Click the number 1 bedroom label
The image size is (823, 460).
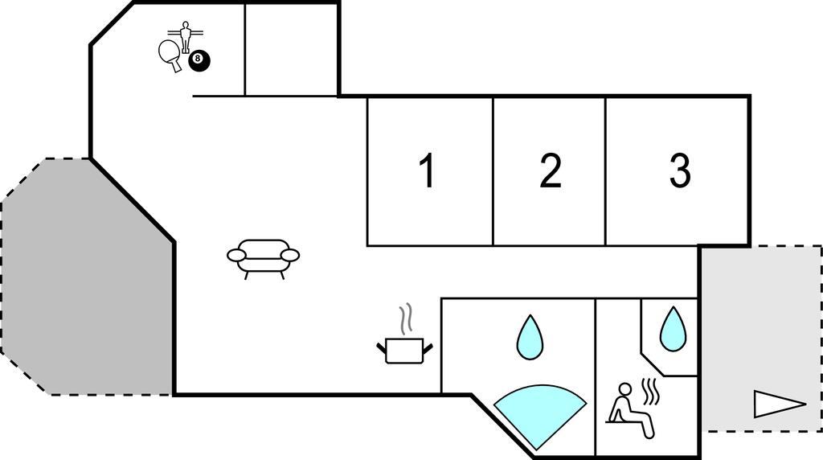428,170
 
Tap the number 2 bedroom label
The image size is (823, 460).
550,170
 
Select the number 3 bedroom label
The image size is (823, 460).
680,170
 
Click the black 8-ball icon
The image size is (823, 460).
199,60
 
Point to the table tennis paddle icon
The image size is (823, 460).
170,55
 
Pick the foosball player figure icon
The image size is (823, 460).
185,37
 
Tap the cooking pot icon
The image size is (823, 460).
404,351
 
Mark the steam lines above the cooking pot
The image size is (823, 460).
406,318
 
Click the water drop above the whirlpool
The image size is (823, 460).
530,338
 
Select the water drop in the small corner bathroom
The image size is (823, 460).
673,329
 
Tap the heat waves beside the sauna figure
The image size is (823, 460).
651,392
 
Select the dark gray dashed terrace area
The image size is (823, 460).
87,277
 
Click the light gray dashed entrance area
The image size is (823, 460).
761,339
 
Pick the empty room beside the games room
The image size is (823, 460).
291,51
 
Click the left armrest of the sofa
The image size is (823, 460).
236,255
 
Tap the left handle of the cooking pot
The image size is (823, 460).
382,347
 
